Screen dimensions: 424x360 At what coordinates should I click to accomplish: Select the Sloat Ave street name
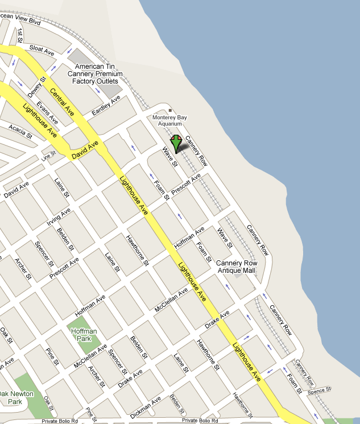(42, 49)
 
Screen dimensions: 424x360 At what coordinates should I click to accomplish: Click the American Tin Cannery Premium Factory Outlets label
(95, 74)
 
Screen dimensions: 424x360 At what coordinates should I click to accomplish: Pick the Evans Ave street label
(48, 113)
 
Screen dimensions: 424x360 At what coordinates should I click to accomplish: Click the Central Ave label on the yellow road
(62, 99)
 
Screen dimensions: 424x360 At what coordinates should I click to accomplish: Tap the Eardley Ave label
(106, 106)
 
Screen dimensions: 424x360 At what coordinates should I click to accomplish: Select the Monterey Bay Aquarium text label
(170, 120)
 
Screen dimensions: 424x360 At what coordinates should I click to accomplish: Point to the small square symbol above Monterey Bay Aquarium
(169, 110)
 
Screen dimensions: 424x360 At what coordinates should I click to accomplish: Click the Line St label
(48, 155)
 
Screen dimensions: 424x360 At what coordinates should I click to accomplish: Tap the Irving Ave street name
(59, 217)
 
